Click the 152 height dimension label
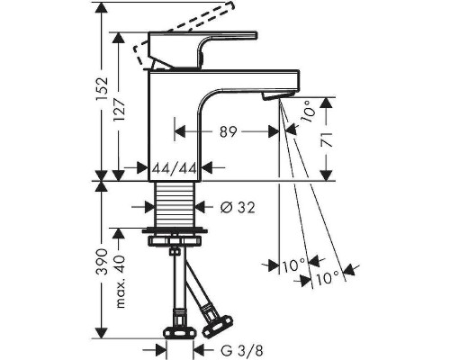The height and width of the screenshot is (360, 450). pyautogui.click(x=102, y=90)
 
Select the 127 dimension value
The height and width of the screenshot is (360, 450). pyautogui.click(x=119, y=110)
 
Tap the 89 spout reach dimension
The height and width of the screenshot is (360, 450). pyautogui.click(x=229, y=131)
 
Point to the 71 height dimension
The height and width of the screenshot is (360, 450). pyautogui.click(x=327, y=139)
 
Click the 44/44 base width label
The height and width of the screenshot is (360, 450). pyautogui.click(x=174, y=168)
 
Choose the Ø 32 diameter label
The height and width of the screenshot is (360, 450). pyautogui.click(x=238, y=207)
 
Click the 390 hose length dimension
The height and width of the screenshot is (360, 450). pyautogui.click(x=102, y=262)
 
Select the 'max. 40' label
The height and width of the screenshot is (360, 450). pyautogui.click(x=120, y=282)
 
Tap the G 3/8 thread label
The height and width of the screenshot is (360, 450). pyautogui.click(x=242, y=350)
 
